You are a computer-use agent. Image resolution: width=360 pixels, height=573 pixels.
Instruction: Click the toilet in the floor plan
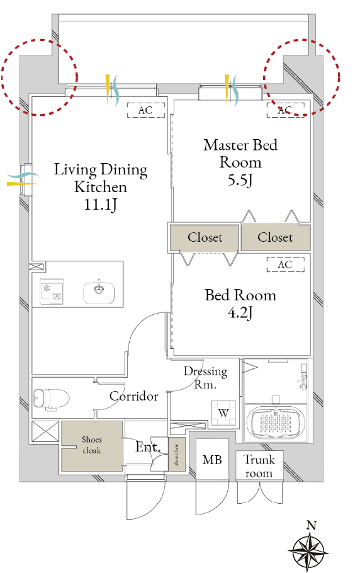(x=51, y=399)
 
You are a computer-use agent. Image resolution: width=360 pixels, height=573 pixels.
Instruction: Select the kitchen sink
(x=99, y=292)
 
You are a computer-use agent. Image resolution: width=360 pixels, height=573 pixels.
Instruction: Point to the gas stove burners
(x=52, y=292)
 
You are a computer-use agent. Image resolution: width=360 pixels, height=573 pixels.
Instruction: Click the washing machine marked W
(x=223, y=413)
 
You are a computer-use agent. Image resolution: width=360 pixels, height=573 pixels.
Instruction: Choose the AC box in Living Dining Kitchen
(x=145, y=110)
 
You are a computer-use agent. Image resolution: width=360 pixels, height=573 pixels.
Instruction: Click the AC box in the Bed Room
(x=285, y=264)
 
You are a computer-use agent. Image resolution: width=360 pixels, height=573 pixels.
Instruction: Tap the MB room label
(x=212, y=460)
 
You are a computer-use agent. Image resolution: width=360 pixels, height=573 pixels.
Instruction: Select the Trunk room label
(x=259, y=466)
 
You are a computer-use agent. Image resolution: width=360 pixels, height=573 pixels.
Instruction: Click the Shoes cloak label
(x=91, y=445)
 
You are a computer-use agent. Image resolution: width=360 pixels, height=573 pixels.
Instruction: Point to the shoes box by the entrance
(x=177, y=454)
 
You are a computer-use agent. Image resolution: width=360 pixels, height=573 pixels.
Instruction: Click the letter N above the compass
(x=311, y=526)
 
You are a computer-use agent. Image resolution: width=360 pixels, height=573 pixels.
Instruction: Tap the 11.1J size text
(x=101, y=205)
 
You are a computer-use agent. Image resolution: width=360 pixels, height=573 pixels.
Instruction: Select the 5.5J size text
(x=240, y=180)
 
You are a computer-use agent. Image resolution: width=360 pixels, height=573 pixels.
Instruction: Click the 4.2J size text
(x=240, y=313)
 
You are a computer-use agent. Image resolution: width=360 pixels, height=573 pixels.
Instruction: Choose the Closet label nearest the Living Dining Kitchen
(x=205, y=237)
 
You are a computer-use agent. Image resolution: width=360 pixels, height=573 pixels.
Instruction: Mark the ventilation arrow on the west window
(x=23, y=179)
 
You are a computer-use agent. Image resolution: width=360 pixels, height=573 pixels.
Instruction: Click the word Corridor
(x=134, y=396)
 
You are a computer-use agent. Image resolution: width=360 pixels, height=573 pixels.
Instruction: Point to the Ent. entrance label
(x=147, y=446)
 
